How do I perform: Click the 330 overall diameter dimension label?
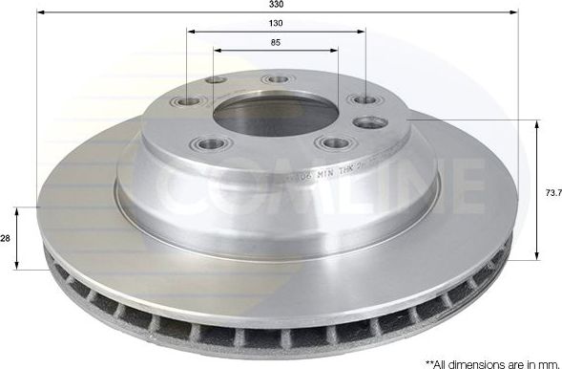click(276, 5)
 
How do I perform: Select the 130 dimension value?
click(276, 23)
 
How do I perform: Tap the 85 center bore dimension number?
click(276, 43)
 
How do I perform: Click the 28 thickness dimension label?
click(7, 239)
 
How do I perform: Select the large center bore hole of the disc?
click(271, 115)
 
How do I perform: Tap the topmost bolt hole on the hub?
click(277, 79)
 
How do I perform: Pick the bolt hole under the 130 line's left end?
click(187, 101)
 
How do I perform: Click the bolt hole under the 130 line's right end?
click(364, 100)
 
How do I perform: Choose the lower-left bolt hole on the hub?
click(210, 144)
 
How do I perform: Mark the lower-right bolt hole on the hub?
click(335, 143)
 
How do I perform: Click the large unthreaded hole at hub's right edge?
click(370, 122)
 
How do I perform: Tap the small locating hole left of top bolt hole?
click(217, 80)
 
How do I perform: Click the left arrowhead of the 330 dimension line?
click(40, 13)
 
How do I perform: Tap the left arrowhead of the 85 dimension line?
click(217, 51)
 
